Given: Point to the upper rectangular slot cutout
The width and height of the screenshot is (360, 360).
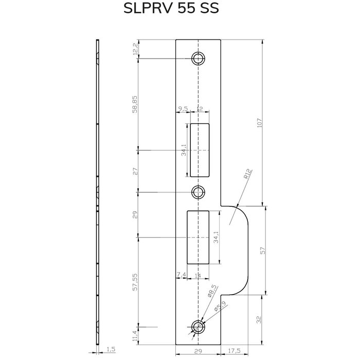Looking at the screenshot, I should [200, 149].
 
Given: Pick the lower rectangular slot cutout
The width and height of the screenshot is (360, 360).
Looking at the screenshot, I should [198, 237].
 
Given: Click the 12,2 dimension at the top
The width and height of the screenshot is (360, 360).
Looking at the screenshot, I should [135, 49].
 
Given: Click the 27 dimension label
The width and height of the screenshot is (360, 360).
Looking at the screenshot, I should [135, 171].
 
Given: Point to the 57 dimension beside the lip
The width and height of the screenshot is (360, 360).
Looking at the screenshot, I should [263, 251].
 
